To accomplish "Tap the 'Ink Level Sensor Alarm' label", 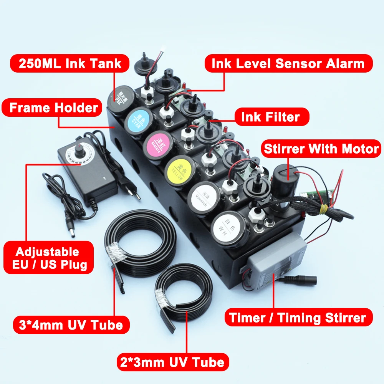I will (x=288, y=63).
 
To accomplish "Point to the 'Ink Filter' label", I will (x=270, y=116).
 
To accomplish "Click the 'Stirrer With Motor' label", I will (x=321, y=149).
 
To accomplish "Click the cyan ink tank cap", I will (x=139, y=119).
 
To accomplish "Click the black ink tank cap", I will (x=120, y=98).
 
